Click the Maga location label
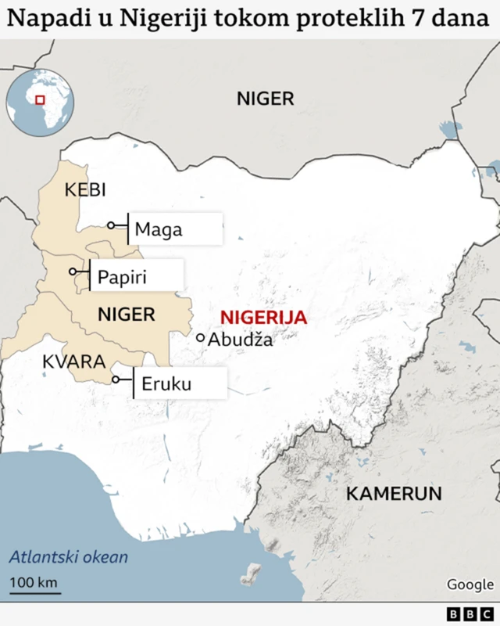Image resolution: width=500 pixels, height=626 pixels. pyautogui.click(x=159, y=229)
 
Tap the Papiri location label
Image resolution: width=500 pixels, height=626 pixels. pyautogui.click(x=123, y=277)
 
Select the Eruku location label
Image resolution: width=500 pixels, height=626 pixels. pyautogui.click(x=166, y=384)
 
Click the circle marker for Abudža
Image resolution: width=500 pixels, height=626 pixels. pyautogui.click(x=201, y=338)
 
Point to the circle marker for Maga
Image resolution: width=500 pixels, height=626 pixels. pyautogui.click(x=111, y=225)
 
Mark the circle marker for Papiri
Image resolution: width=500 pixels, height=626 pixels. pyautogui.click(x=73, y=272)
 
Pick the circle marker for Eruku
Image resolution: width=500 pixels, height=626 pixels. pyautogui.click(x=116, y=380)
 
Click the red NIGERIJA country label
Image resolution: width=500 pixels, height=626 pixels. pyautogui.click(x=264, y=318)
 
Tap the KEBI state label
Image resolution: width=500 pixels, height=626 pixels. pyautogui.click(x=85, y=190)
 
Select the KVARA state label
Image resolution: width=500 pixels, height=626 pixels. pyautogui.click(x=73, y=362)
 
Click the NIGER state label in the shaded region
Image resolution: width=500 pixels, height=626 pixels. pyautogui.click(x=126, y=315)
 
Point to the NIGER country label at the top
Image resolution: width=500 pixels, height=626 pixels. pyautogui.click(x=266, y=99)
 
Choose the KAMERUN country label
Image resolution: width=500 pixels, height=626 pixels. pyautogui.click(x=394, y=494)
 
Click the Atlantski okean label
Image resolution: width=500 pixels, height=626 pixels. pyautogui.click(x=69, y=558)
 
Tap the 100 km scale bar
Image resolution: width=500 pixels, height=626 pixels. pyautogui.click(x=34, y=587)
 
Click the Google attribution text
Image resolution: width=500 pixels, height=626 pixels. pyautogui.click(x=470, y=585)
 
